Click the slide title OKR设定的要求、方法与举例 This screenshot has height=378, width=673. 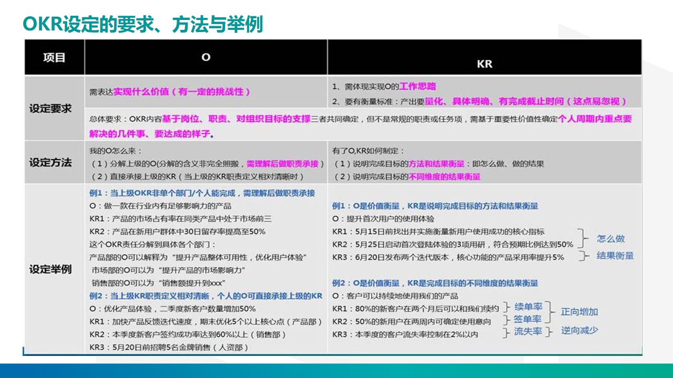pos(142,24)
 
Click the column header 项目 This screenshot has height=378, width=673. pos(54,58)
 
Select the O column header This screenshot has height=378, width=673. pos(206,57)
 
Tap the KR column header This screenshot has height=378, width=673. pos(484,64)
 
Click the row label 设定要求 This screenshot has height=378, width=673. pos(50,109)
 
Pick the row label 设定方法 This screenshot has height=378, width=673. pos(50,162)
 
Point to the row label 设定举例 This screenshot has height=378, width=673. pos(50,270)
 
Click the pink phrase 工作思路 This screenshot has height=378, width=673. pos(417,86)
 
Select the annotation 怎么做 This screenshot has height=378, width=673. pos(610,238)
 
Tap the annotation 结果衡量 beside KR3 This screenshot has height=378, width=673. pos(615,256)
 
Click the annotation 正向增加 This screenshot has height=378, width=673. pos(579,312)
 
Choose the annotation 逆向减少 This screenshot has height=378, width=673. pos(579,331)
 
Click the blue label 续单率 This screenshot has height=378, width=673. pos(528,307)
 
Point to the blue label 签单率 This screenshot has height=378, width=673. pos(528,319)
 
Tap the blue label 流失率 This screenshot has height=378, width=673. pos(528,332)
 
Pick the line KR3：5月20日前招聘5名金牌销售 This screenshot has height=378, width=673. pos(169,347)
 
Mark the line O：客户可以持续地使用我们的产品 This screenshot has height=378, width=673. pos(395,296)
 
